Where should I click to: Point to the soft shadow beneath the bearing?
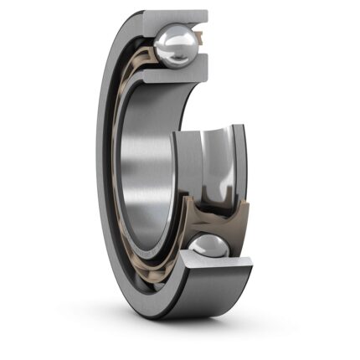coord(201,331)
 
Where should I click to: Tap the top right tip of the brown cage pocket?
coord(244,206)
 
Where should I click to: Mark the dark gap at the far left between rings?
coord(116,167)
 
